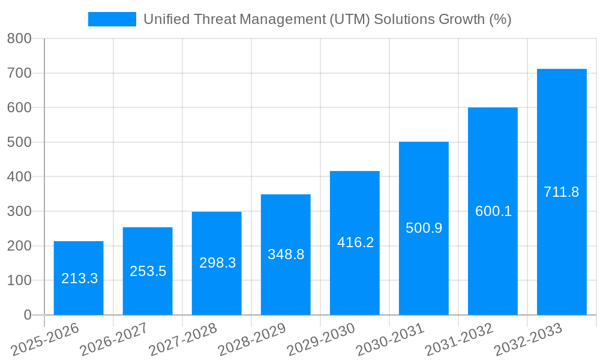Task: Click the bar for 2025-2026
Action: (79, 258)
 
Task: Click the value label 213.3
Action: (80, 278)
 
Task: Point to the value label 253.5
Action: (148, 271)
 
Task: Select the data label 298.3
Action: (217, 263)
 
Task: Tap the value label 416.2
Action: (355, 242)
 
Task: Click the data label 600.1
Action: (493, 211)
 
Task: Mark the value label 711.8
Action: (562, 192)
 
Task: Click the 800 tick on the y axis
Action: (19, 39)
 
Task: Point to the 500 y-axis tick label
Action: (19, 142)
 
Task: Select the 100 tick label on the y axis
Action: (19, 280)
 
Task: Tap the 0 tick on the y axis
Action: (27, 315)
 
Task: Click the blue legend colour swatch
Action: (112, 19)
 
